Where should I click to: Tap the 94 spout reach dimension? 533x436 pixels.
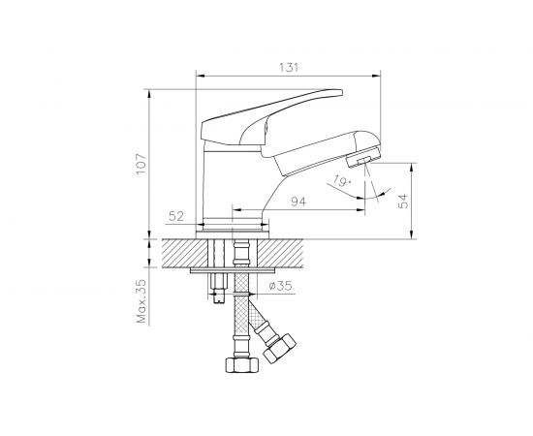[298, 202]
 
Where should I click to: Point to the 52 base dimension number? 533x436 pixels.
[177, 215]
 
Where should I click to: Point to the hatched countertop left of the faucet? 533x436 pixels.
[179, 253]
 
